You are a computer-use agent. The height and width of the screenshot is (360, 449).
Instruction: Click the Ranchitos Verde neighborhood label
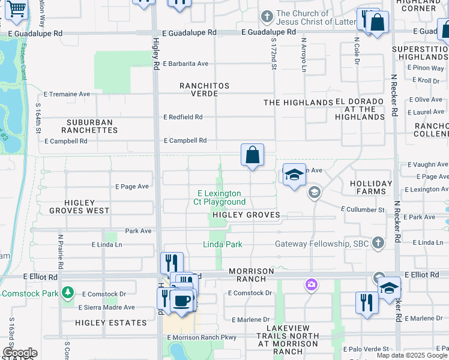205,89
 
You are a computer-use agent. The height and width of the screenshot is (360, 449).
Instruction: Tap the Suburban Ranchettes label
89,126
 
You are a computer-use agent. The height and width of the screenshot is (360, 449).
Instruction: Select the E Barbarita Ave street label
185,64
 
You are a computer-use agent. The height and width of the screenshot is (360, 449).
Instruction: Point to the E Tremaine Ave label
67,94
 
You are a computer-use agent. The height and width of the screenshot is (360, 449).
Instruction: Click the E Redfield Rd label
182,117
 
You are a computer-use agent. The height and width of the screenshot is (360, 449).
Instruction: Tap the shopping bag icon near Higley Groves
253,155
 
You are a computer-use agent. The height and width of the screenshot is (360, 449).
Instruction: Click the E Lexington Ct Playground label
220,197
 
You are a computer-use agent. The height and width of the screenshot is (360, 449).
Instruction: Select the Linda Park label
222,244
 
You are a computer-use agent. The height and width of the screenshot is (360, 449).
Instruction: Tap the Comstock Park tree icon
68,293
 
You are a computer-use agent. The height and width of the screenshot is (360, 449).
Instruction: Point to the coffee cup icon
182,300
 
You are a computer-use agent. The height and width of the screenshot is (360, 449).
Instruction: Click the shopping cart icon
16,8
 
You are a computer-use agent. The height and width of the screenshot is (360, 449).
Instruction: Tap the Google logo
20,353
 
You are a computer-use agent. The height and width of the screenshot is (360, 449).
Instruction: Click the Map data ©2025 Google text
411,355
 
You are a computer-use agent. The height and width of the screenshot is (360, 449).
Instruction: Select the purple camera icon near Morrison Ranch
311,284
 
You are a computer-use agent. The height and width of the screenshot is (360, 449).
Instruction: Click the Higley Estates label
111,323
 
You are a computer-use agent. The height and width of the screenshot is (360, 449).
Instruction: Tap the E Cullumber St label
363,209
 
